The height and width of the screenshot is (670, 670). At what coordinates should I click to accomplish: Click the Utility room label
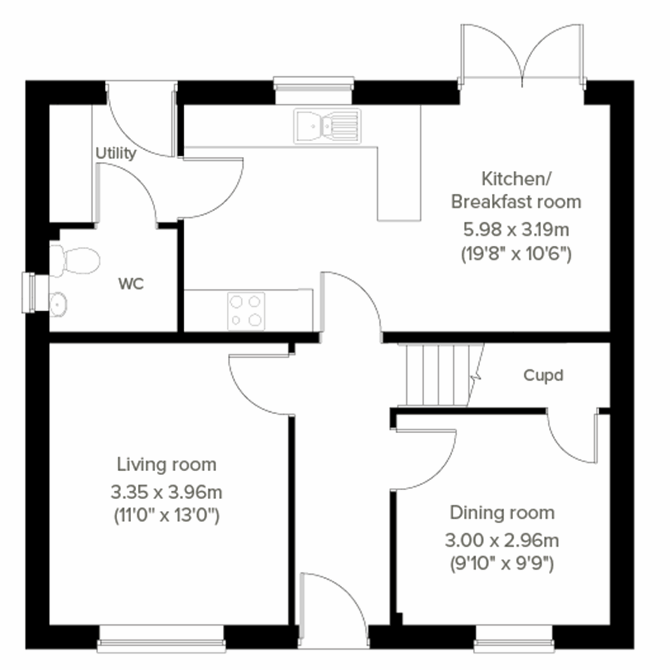pos(116,154)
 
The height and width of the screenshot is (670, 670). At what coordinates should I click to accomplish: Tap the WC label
pos(131,284)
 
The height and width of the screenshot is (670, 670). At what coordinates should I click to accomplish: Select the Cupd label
pos(543,375)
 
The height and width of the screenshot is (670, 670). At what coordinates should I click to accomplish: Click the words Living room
pos(166,465)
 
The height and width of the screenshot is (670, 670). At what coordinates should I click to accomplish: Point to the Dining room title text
pos(502,513)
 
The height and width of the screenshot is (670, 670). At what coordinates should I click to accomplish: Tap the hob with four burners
pos(246,310)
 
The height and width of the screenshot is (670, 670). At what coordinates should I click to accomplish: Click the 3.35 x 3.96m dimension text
pos(166,492)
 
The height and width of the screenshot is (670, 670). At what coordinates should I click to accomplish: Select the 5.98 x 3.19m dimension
pos(516,229)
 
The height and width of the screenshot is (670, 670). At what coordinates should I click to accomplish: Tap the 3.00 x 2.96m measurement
pos(502,540)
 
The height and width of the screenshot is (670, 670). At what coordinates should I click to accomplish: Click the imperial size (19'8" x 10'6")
pos(516,255)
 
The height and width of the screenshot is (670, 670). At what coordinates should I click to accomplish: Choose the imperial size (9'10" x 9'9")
pos(502,564)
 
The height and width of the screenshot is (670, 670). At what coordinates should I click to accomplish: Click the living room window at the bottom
pos(161,639)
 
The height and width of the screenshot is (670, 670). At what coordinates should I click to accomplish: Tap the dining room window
pos(514,639)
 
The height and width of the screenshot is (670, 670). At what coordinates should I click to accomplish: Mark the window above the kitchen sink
pos(314,89)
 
